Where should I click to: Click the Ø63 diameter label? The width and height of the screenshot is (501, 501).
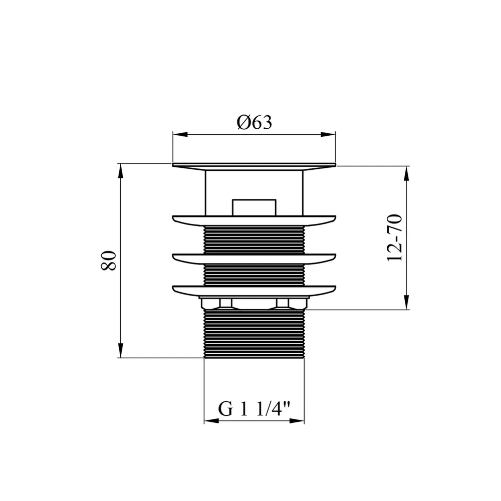point(255,122)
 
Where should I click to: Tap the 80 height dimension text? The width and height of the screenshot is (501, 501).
point(109,261)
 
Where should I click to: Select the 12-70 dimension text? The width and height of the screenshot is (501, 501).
point(394,238)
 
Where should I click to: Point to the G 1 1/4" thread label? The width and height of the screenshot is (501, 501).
point(254,408)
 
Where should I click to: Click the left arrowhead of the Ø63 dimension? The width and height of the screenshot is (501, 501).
point(179,134)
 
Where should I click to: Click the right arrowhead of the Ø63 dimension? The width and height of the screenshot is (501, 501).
point(329,134)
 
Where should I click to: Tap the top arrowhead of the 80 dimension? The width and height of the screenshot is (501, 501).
point(120,170)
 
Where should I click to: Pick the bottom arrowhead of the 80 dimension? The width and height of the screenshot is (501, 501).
point(120,351)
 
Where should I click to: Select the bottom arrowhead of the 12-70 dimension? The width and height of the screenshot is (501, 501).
point(406,303)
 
